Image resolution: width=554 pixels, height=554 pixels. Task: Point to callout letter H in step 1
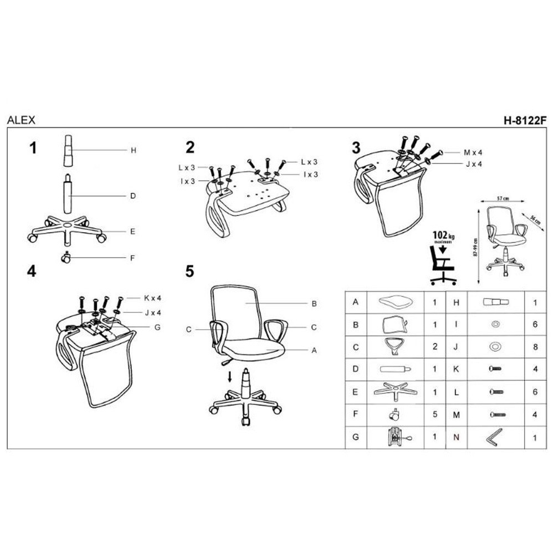(x=133, y=150)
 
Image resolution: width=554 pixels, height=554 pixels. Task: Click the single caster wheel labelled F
(x=66, y=258)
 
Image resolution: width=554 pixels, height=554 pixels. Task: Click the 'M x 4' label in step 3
(x=473, y=152)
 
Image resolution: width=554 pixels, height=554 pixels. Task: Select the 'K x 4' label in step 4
(x=152, y=298)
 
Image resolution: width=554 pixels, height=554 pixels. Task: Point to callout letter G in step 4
(x=157, y=327)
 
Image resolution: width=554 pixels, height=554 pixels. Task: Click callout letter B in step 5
(x=314, y=304)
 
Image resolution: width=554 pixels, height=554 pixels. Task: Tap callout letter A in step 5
(x=314, y=350)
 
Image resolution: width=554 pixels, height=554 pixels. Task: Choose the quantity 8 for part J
(x=535, y=347)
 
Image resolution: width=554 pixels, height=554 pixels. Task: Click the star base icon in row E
(x=396, y=392)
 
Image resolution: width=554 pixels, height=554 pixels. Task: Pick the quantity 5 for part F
(x=435, y=414)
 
